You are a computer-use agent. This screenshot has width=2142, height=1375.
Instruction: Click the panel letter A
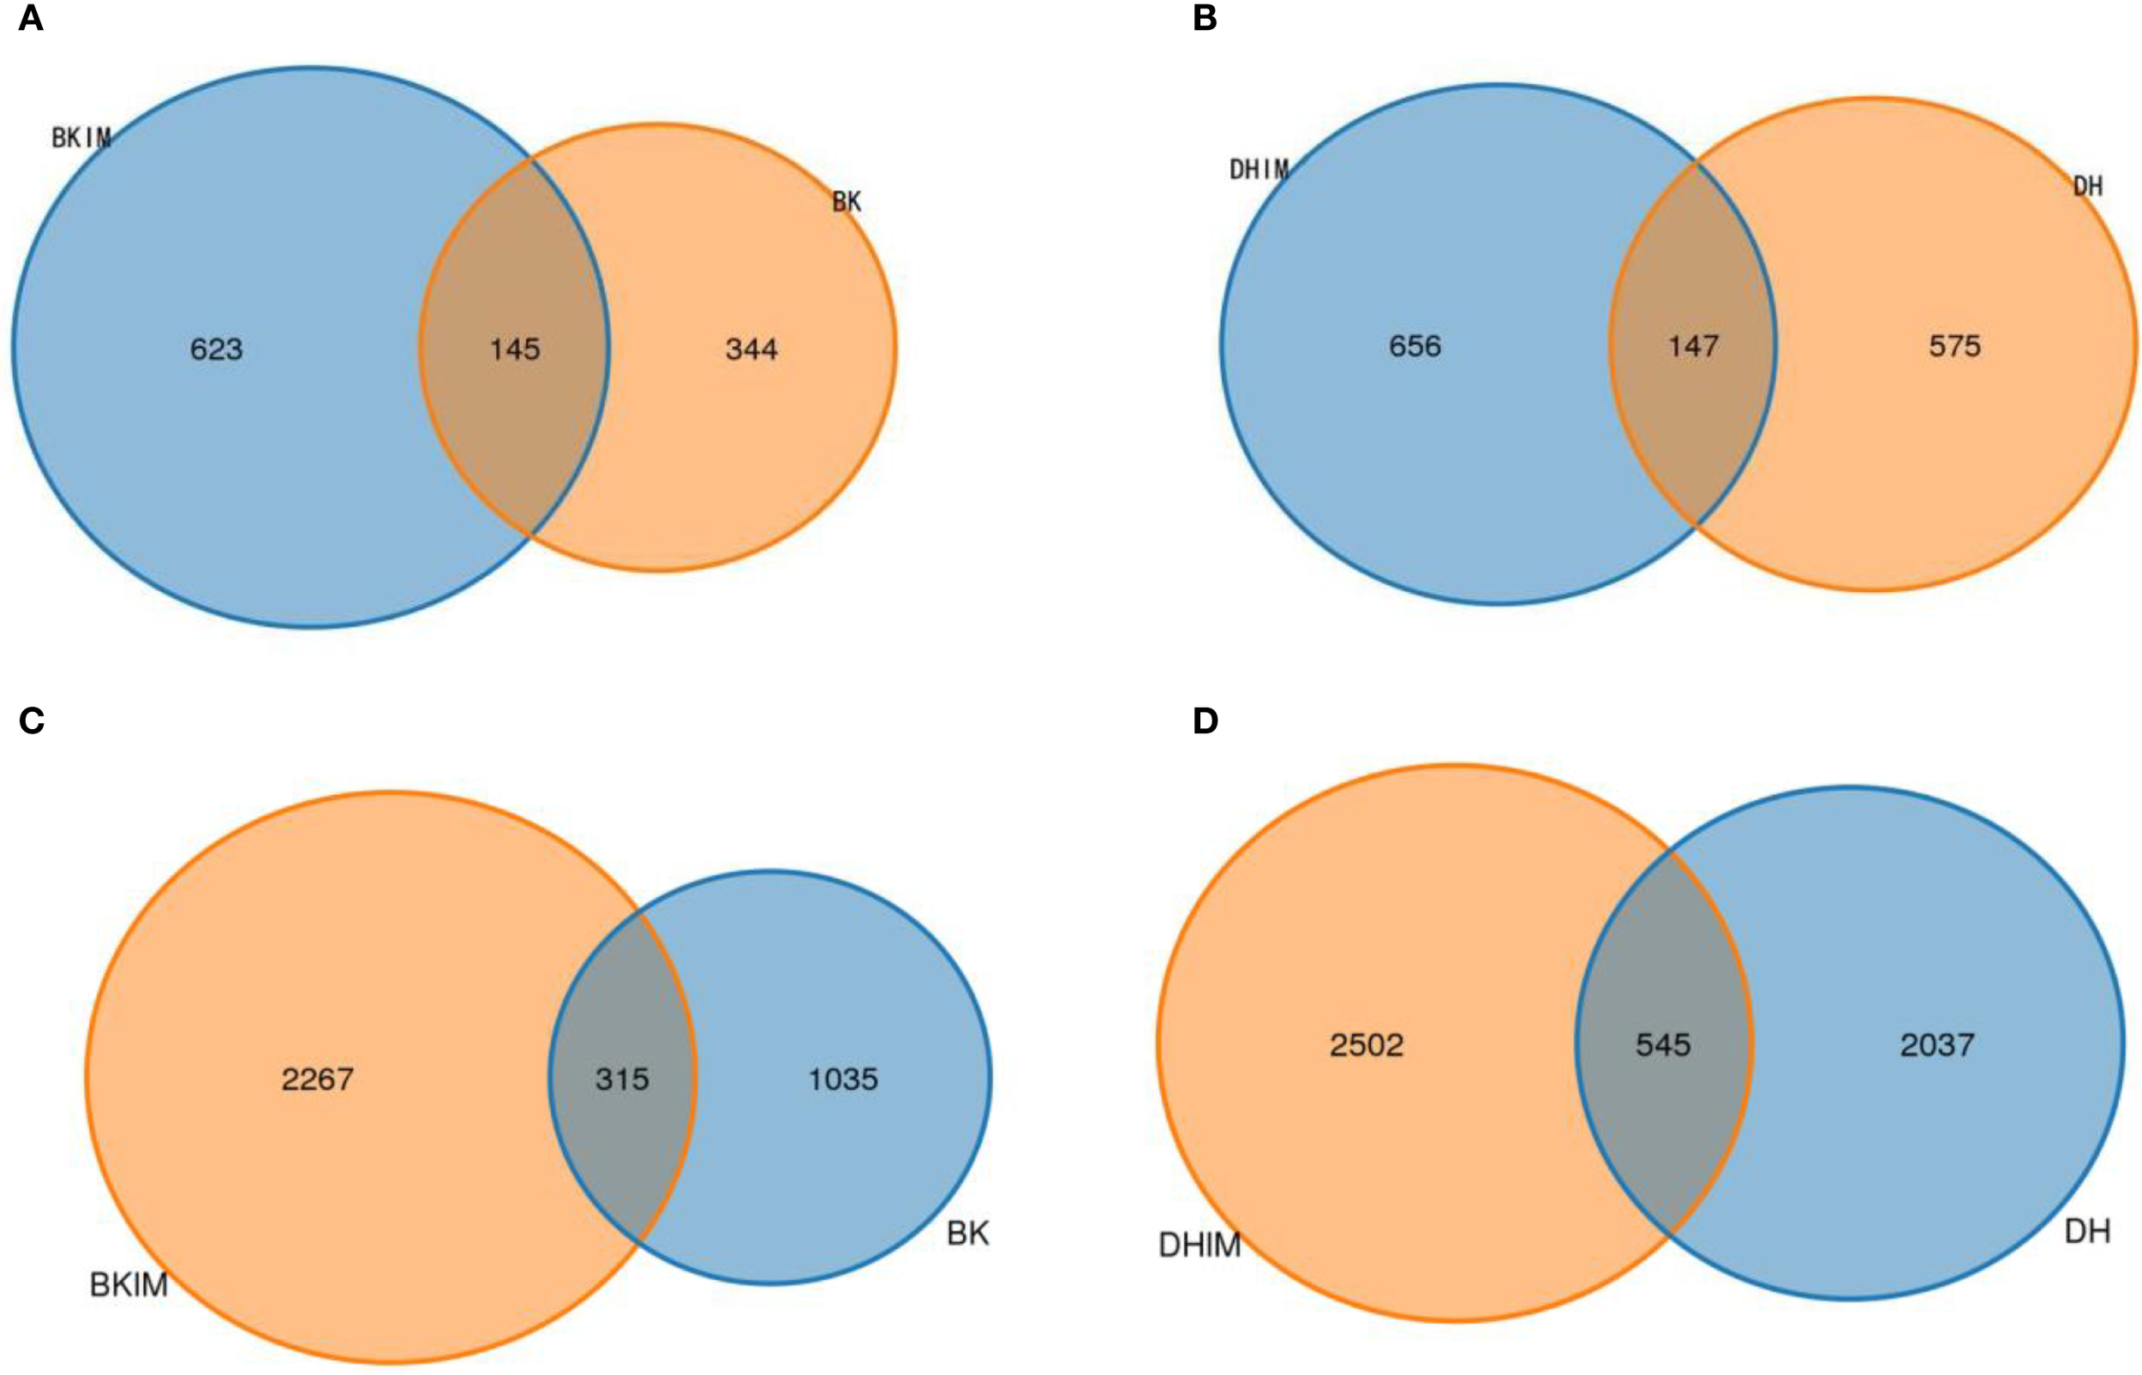pos(30,19)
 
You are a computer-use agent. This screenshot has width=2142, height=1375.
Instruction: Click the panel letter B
pos(1205,19)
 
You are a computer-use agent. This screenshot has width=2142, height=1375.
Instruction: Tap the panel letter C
pos(31,720)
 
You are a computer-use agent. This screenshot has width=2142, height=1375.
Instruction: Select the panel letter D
pos(1206,720)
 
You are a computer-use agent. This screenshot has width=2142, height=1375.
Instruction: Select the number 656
pos(1415,346)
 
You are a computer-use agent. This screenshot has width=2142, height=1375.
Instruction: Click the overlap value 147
pos(1694,346)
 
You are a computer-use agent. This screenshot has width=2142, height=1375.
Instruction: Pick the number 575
pos(1954,346)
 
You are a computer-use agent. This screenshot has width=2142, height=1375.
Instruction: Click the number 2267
pos(318,1079)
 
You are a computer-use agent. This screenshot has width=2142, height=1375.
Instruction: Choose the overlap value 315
pos(622,1079)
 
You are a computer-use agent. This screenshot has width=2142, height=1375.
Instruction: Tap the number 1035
pos(844,1079)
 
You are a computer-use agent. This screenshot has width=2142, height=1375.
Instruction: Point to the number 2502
pos(1366,1044)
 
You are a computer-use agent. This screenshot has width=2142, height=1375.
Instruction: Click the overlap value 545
pos(1663,1044)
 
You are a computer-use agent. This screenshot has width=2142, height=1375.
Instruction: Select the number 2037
pos(1936,1044)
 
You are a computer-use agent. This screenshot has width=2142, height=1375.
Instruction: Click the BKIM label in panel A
pos(81,139)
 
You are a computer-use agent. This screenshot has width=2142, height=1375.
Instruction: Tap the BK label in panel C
pos(968,1234)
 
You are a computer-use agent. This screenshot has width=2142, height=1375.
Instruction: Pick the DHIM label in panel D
pos(1200,1245)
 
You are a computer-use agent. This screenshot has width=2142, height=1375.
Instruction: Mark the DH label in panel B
pos(2087,187)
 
